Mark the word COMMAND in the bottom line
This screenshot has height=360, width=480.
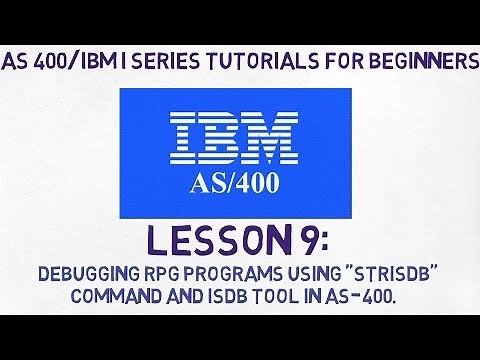tap(111, 297)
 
